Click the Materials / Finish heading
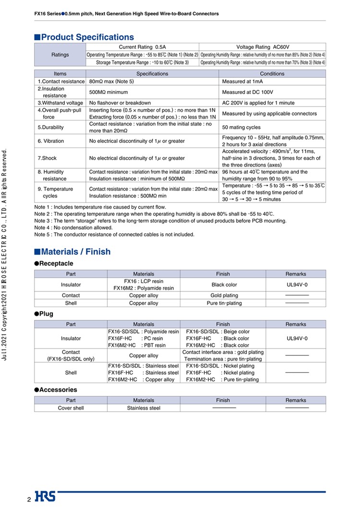(x=76, y=252)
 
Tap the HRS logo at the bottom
(x=45, y=497)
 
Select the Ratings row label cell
(x=60, y=55)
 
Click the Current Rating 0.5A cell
(x=142, y=47)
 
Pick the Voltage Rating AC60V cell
(x=263, y=47)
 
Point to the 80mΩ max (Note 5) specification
(x=112, y=82)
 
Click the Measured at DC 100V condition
(x=248, y=92)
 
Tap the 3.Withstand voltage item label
(x=60, y=103)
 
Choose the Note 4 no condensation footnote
(x=73, y=228)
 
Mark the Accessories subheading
(x=58, y=390)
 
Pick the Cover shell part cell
(x=71, y=408)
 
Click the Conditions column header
(x=272, y=74)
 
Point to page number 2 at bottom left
(x=29, y=500)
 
